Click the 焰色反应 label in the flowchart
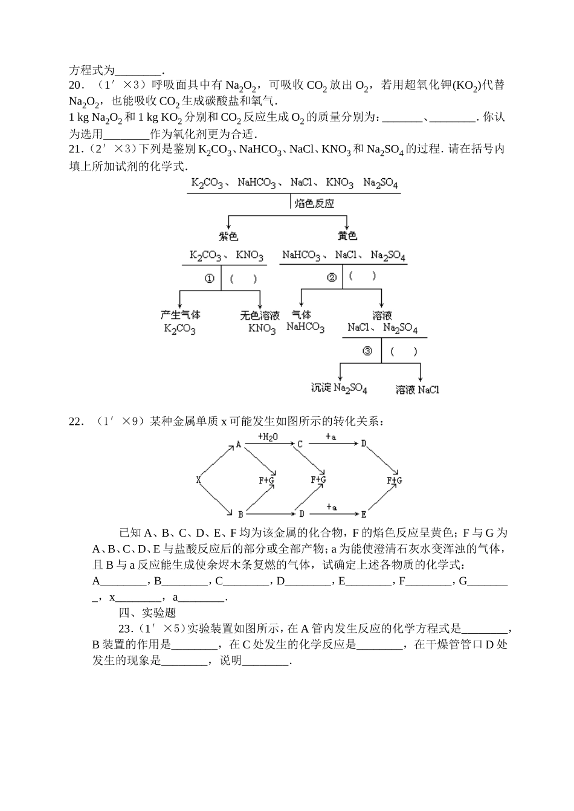[314, 204]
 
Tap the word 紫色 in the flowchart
[228, 236]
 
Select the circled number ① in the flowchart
[210, 279]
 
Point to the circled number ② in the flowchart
[331, 277]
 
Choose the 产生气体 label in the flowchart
[180, 315]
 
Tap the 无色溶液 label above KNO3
[260, 315]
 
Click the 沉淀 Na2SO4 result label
[339, 389]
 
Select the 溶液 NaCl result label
[418, 390]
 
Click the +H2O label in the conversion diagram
[268, 436]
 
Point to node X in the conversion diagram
[198, 480]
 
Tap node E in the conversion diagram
[364, 514]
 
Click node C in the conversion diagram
[300, 444]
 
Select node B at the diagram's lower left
[240, 514]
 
